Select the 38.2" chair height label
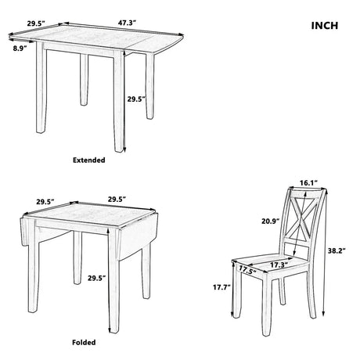point(334,252)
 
